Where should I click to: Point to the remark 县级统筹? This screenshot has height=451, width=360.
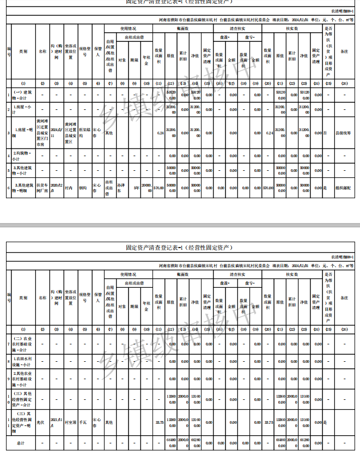(x=343, y=132)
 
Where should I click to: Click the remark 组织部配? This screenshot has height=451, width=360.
(x=343, y=187)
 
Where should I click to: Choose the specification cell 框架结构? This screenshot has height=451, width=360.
(x=84, y=131)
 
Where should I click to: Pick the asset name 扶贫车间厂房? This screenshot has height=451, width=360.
(x=42, y=187)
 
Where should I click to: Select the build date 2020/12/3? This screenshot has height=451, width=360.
(x=57, y=187)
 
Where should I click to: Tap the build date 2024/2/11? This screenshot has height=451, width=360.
(x=57, y=131)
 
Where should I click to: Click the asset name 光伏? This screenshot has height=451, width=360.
(x=40, y=422)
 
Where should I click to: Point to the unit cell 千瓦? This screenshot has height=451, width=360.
(x=83, y=422)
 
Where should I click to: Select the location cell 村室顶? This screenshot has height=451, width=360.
(x=70, y=422)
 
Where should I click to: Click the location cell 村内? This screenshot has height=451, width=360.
(x=69, y=187)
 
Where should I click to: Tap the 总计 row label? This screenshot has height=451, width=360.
(x=23, y=442)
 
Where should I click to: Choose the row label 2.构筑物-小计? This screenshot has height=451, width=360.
(x=23, y=155)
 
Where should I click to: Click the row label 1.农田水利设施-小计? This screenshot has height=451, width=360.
(x=23, y=361)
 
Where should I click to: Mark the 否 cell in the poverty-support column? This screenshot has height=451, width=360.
(x=325, y=132)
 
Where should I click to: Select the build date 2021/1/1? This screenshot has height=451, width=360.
(x=57, y=422)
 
